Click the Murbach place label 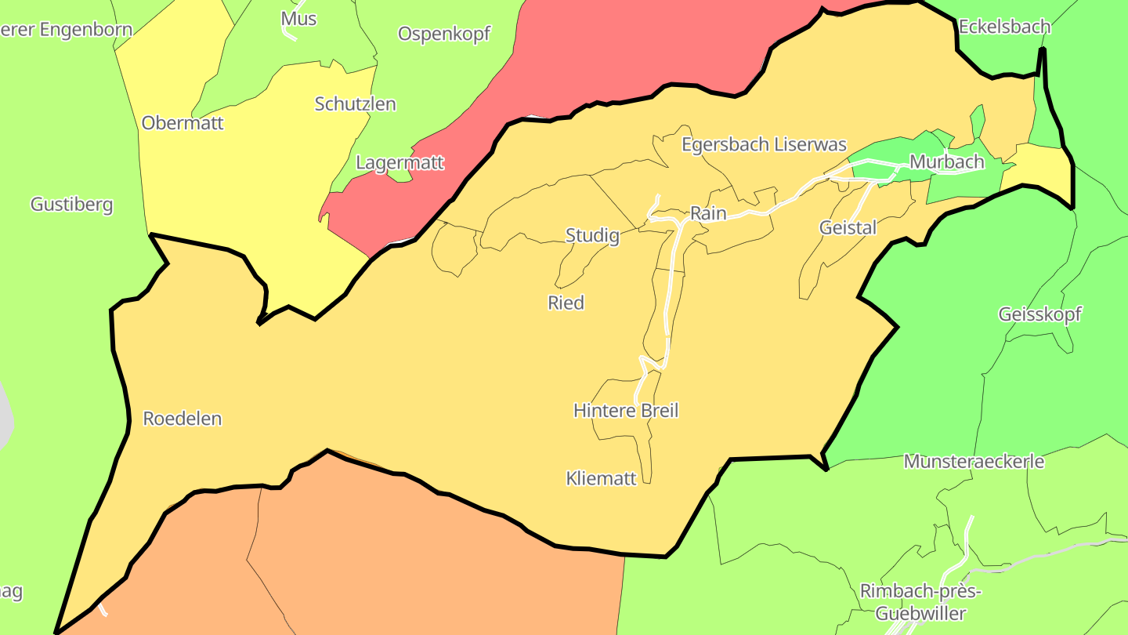coord(946,162)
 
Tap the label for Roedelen coord(183,419)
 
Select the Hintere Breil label coord(626,410)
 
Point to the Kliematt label coord(602,478)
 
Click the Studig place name coord(592,235)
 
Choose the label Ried coord(566,303)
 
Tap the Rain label coord(708,213)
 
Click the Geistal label coord(848,227)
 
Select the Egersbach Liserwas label coord(764,144)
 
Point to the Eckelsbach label coord(1004,27)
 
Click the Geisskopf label coord(1039,314)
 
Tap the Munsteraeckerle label coord(974,461)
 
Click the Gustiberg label coord(72,205)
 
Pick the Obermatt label coord(183,123)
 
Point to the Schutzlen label coord(355,103)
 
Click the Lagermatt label coord(399,163)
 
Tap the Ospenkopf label coord(444,34)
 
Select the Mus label coord(298,18)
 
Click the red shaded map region coord(627,55)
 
